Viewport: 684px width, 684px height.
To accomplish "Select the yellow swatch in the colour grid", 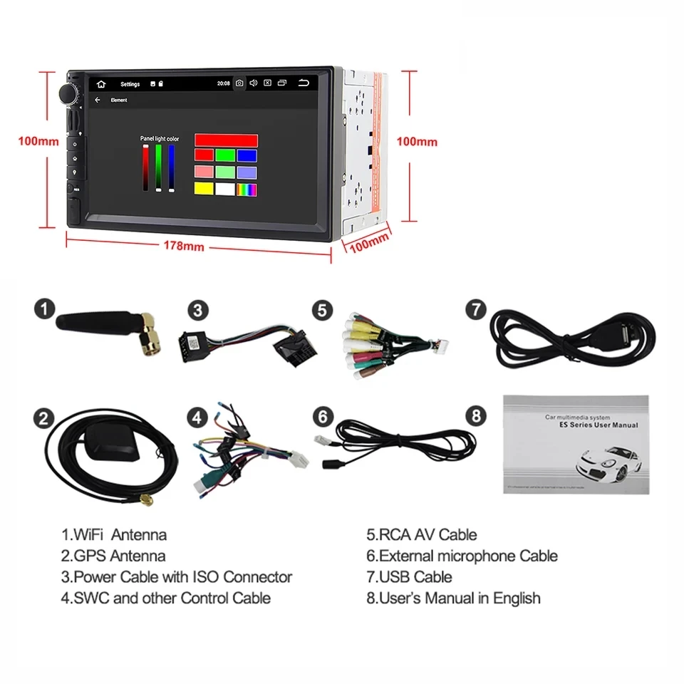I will [x=204, y=190].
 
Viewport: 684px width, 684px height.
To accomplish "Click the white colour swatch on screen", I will [x=225, y=190].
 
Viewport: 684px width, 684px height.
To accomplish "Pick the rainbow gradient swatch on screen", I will [x=247, y=190].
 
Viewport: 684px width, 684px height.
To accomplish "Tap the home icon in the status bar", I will [x=101, y=84].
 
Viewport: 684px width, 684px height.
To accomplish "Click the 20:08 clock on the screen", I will [x=223, y=83].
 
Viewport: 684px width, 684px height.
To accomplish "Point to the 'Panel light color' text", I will [x=160, y=138].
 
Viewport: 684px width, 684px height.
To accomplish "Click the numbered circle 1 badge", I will [x=45, y=310].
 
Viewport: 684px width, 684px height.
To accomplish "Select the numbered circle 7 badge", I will [x=475, y=310].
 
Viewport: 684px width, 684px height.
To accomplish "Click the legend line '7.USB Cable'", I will [x=409, y=577].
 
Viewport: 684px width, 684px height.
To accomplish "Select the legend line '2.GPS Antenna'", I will [x=113, y=556].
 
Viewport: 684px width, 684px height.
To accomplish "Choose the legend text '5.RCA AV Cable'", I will [x=421, y=534].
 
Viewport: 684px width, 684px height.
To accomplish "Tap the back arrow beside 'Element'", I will [x=98, y=100].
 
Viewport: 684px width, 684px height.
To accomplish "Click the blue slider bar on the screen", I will [x=172, y=168].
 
